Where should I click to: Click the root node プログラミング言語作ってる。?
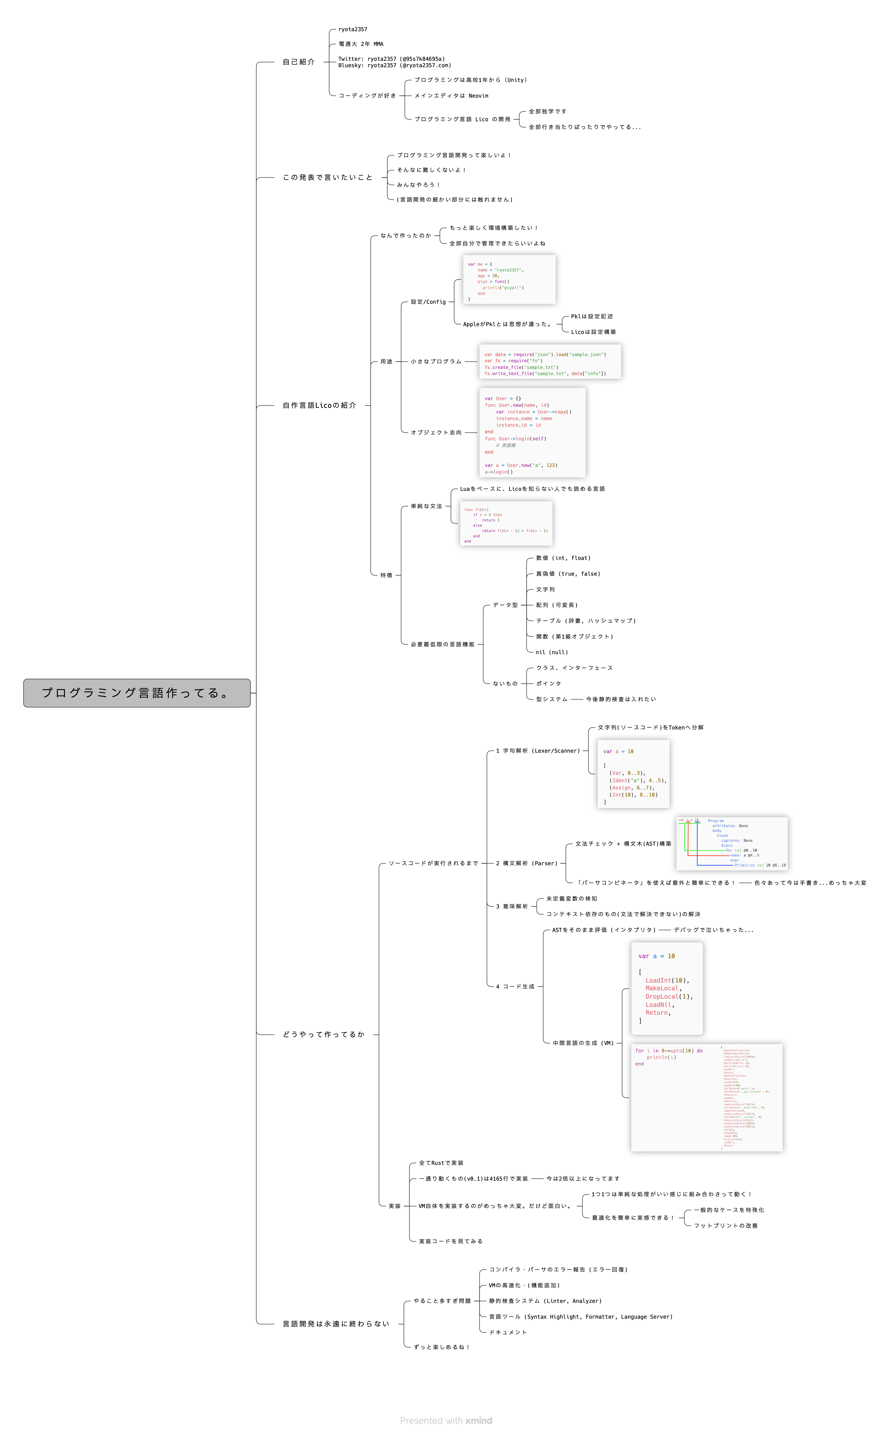click(136, 693)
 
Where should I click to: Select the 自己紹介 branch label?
click(298, 62)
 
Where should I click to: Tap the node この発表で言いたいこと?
click(327, 177)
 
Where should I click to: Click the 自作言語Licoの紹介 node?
click(319, 405)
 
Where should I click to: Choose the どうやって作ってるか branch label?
click(323, 1034)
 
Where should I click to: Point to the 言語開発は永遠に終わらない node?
click(335, 1324)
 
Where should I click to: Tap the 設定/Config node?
click(428, 302)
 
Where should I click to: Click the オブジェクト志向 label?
click(436, 433)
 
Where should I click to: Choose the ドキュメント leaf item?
click(507, 1332)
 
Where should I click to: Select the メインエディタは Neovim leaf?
click(451, 96)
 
